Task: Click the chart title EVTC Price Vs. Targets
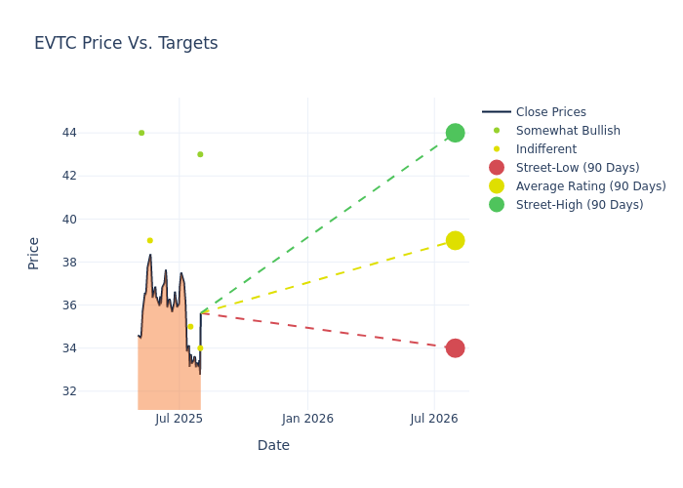point(126,43)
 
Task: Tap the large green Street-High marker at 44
point(455,133)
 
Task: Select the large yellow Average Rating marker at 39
point(455,240)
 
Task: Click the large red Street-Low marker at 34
point(455,348)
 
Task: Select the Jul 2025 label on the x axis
point(179,419)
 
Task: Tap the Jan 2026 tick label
point(307,419)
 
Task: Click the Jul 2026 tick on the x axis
point(434,419)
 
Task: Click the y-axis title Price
point(34,253)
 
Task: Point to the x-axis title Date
point(273,445)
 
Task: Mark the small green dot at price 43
point(200,154)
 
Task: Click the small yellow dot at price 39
point(149,240)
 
